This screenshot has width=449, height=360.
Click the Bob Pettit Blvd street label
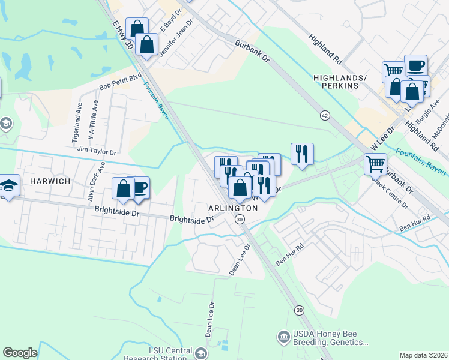[120, 82]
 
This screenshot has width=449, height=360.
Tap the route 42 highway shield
[325, 115]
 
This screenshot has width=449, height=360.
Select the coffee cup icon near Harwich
[140, 187]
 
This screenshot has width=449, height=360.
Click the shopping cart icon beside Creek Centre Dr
[375, 163]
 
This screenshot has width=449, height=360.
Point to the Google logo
[20, 353]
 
